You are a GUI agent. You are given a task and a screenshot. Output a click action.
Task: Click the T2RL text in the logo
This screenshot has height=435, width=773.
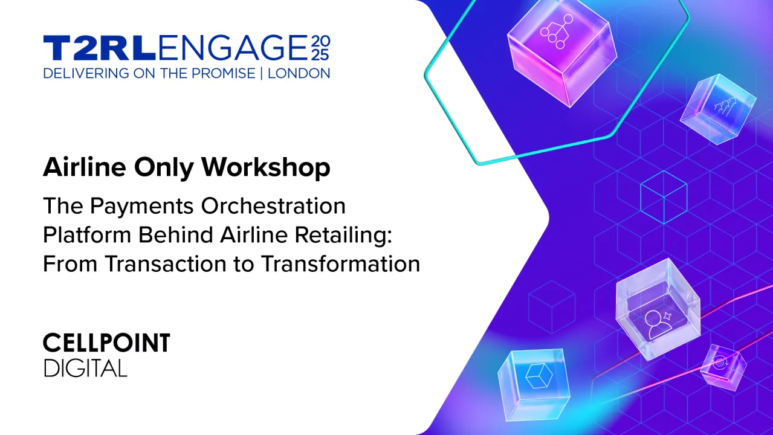click(x=99, y=48)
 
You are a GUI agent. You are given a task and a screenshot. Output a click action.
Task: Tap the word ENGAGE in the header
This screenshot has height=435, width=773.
click(x=233, y=48)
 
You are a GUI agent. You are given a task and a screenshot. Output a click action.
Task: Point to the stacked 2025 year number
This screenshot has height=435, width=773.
click(x=320, y=48)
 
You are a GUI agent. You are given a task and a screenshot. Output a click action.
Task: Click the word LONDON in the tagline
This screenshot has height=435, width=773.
click(x=299, y=74)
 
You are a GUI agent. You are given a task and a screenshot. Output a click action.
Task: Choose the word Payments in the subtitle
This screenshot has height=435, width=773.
click(x=143, y=206)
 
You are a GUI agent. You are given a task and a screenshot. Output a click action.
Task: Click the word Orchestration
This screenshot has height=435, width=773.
click(x=273, y=206)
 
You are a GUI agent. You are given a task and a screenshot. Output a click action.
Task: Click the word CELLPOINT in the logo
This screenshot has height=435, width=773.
click(x=106, y=344)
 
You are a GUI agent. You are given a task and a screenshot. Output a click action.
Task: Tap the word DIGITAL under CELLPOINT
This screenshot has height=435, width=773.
click(x=85, y=368)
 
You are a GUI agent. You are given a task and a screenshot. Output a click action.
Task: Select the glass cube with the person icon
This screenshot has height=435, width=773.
click(x=657, y=312)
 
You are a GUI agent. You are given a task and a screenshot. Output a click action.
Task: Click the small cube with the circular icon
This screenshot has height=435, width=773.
click(x=722, y=366)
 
